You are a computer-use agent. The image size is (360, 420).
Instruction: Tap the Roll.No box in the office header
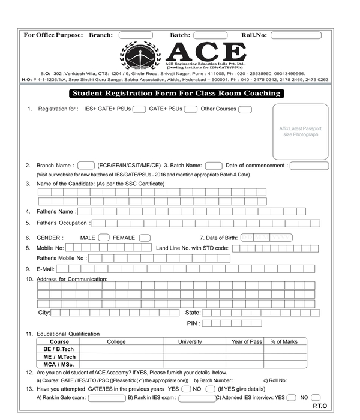click(x=296, y=35)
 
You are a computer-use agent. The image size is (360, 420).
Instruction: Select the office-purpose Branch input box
click(x=136, y=35)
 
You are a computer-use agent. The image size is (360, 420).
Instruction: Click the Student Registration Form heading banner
click(x=176, y=94)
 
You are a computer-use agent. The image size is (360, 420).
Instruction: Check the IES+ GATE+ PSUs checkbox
click(x=139, y=109)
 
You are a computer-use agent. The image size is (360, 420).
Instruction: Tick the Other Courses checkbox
click(x=245, y=109)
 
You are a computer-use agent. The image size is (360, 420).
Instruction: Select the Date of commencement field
click(x=310, y=166)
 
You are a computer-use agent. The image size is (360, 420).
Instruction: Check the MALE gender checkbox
click(x=103, y=238)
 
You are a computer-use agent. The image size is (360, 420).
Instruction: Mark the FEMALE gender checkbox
click(x=145, y=238)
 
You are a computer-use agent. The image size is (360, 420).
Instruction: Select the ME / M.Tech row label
click(x=59, y=357)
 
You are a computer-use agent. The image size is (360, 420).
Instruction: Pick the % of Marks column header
click(x=284, y=342)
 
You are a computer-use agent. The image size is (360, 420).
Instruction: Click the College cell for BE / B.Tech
click(x=116, y=349)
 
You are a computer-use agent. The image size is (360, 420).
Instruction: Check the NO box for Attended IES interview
click(x=316, y=397)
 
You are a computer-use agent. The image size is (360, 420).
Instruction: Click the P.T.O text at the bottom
click(x=320, y=406)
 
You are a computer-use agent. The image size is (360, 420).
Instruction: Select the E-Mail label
click(x=46, y=269)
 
